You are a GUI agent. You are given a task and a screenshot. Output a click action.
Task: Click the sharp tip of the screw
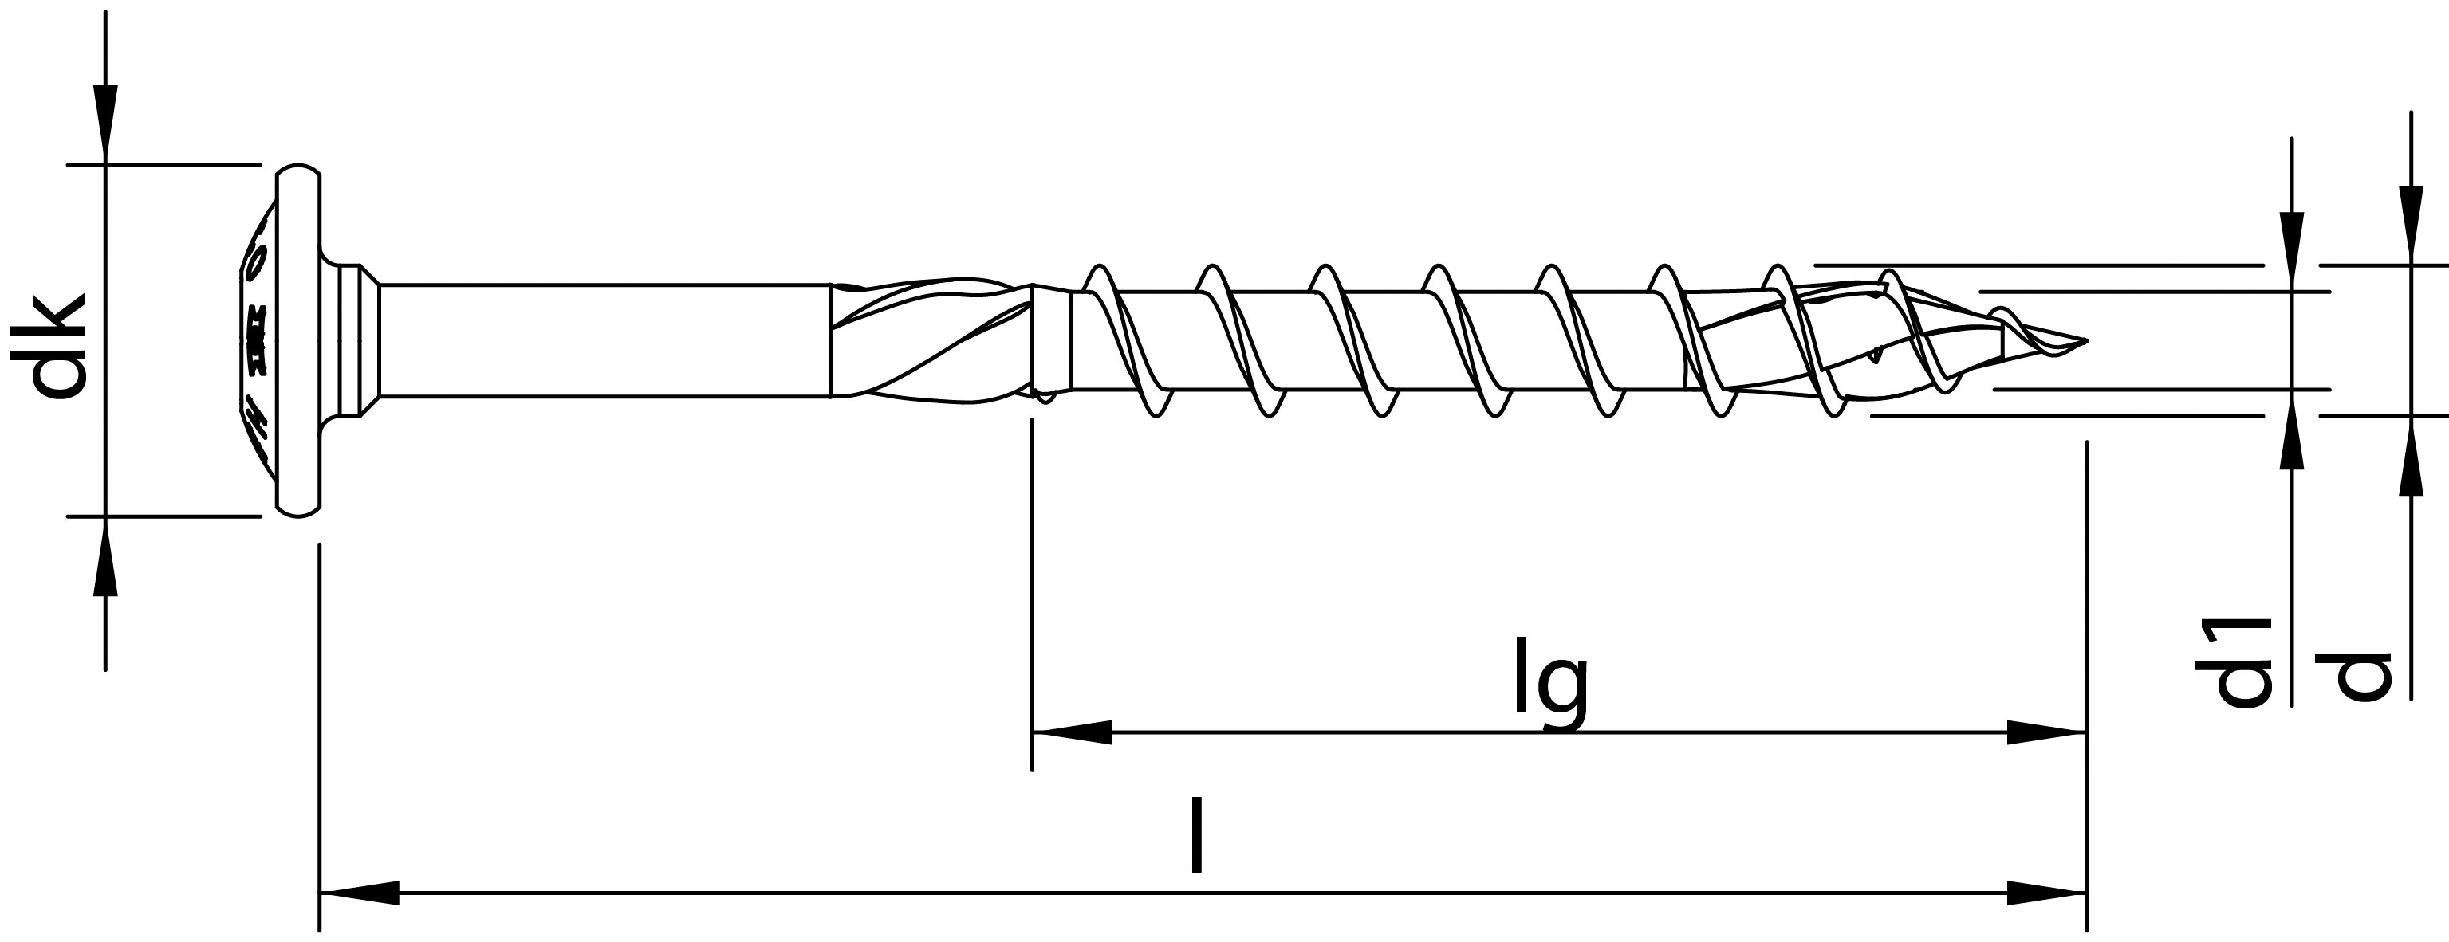point(2085,340)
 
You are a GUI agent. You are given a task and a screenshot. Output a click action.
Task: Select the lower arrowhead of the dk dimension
point(105,555)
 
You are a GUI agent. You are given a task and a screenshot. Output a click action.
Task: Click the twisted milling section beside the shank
point(931,340)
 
